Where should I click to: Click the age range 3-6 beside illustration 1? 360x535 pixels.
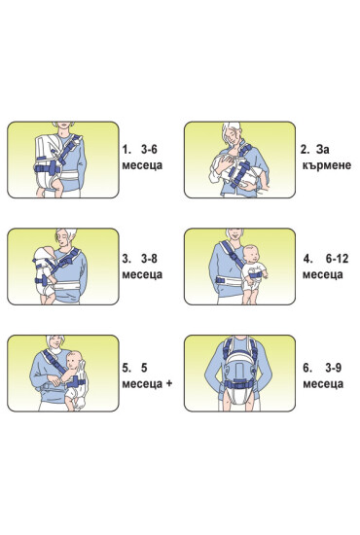(x=149, y=149)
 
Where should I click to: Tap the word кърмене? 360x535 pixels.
(x=327, y=165)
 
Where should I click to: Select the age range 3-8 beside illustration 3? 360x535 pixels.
(x=149, y=259)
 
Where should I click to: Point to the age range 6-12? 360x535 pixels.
(x=338, y=259)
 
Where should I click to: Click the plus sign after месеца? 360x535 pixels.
(x=169, y=384)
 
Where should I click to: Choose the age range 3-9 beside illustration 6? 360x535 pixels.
(x=333, y=368)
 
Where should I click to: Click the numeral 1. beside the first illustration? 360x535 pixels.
(x=126, y=149)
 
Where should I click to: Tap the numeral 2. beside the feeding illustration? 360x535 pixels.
(x=306, y=149)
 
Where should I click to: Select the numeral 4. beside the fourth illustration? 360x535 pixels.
(x=308, y=259)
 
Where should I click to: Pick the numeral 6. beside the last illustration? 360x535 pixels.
(x=307, y=368)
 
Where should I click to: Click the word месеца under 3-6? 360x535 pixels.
(x=142, y=165)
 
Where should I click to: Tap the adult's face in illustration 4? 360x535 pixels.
(x=235, y=234)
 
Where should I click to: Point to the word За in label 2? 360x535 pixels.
(x=322, y=149)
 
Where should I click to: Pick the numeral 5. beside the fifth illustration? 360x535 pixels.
(x=126, y=368)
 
